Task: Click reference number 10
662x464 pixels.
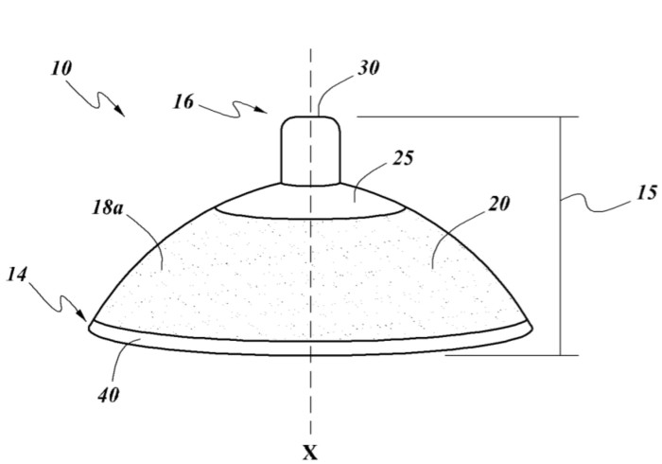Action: tap(61, 68)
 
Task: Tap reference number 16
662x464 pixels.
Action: tap(183, 102)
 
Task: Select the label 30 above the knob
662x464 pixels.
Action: tap(368, 68)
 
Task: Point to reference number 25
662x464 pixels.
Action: tap(403, 158)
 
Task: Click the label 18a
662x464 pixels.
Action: tap(108, 208)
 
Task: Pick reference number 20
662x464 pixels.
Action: tap(498, 205)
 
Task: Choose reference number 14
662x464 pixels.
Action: tap(17, 275)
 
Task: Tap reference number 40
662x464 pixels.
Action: tap(109, 396)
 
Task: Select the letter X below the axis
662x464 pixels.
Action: tap(310, 453)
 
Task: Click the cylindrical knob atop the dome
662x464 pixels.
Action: tap(311, 151)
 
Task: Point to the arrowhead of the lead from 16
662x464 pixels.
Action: tap(262, 110)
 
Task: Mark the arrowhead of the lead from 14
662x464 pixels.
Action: tap(82, 315)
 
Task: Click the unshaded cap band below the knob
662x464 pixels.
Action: tap(311, 202)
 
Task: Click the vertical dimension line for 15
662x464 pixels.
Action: tap(561, 236)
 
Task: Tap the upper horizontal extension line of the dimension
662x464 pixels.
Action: tap(468, 116)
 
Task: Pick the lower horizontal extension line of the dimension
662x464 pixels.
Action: tap(512, 355)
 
